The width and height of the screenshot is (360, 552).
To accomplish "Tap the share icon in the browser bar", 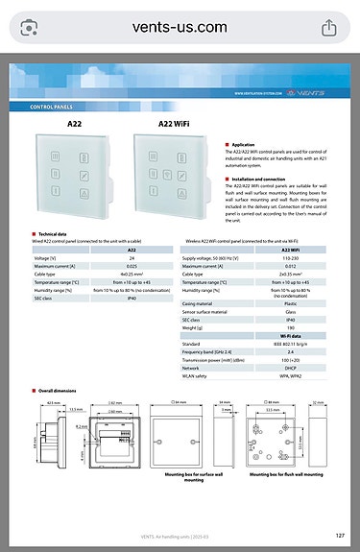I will tap(329, 28).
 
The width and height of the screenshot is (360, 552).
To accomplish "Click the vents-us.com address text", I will tap(180, 28).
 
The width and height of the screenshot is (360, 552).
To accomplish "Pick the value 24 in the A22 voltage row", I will tap(132, 258).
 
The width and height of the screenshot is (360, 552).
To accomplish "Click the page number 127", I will tap(340, 535).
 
